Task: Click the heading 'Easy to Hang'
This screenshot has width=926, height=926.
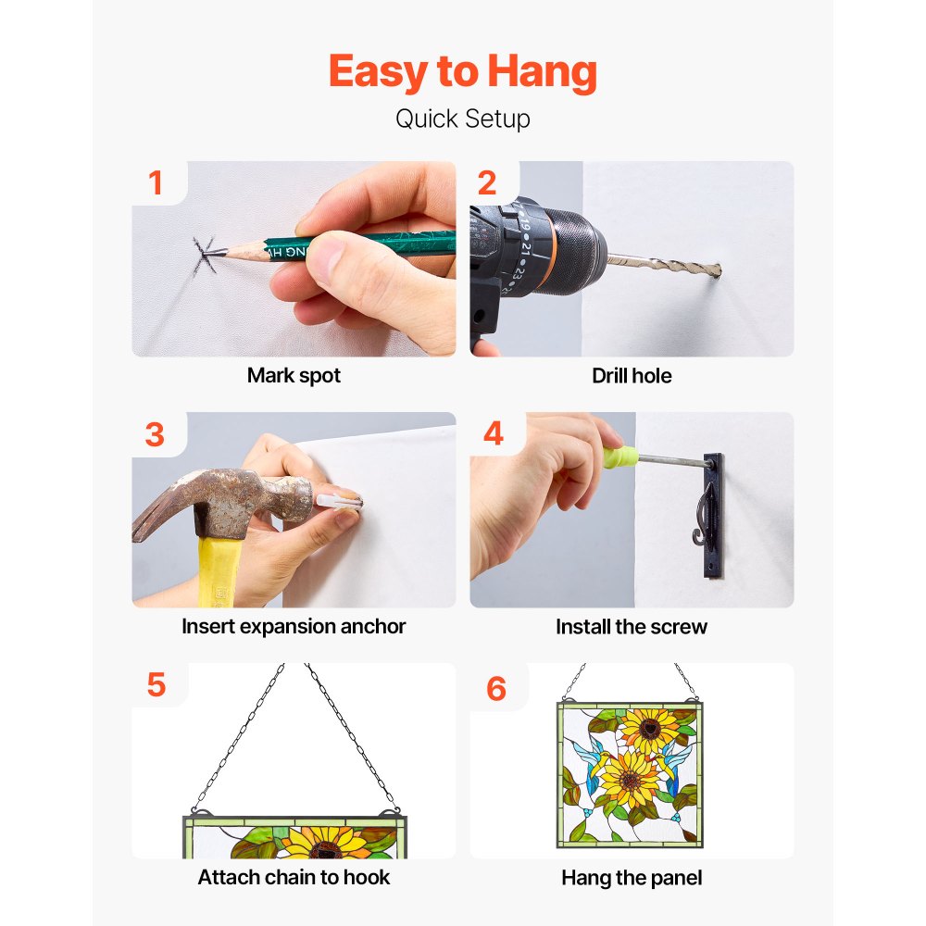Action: (462, 71)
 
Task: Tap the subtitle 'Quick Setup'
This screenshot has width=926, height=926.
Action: (462, 119)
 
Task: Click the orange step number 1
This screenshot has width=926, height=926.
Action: (156, 182)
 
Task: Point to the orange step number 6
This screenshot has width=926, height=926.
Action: (496, 689)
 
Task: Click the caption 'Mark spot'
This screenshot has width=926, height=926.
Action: (294, 376)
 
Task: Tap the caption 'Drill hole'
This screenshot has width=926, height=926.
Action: (632, 376)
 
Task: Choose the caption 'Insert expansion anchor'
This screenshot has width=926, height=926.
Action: (294, 626)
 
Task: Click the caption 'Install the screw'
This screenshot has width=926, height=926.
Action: (632, 627)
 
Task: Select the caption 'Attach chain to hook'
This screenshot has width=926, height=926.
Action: (294, 877)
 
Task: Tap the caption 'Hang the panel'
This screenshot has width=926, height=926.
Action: (632, 878)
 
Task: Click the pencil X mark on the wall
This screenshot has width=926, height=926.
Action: (205, 256)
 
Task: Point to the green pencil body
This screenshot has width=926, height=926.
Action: (360, 244)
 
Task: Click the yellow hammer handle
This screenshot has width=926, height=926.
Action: (218, 571)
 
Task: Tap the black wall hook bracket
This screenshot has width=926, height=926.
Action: (712, 515)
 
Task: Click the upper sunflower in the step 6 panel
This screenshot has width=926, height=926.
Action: (650, 730)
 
